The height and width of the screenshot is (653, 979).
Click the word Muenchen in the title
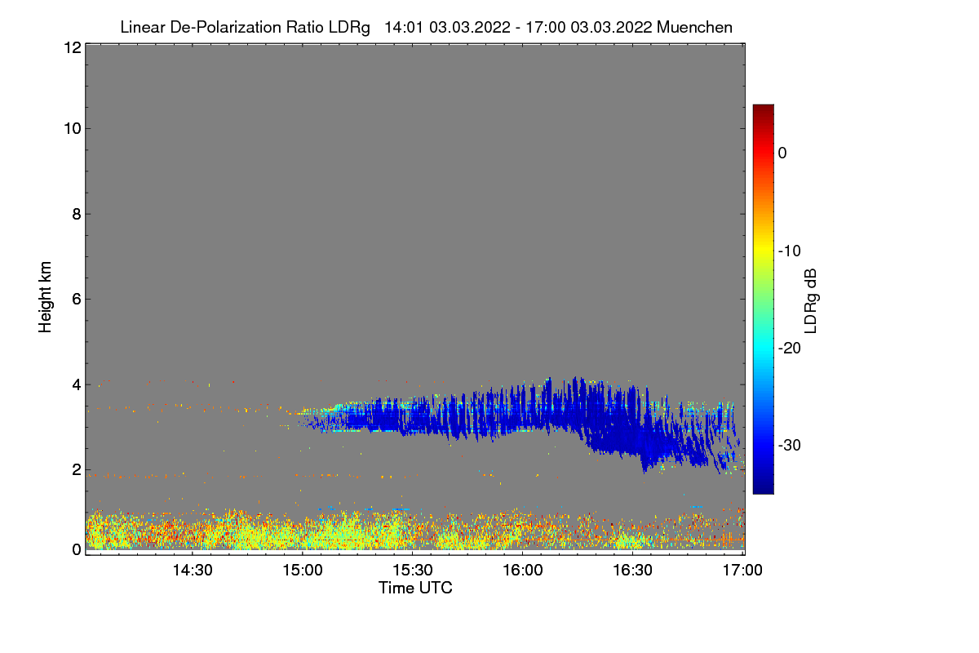(x=694, y=27)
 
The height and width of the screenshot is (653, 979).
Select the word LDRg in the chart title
(x=352, y=27)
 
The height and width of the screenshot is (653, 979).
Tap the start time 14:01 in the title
(x=403, y=27)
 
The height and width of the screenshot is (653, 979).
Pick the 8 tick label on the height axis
(x=74, y=214)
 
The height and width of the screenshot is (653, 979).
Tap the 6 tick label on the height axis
(x=74, y=299)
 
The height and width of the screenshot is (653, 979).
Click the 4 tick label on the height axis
(x=74, y=384)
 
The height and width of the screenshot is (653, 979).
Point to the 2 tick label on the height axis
(x=74, y=469)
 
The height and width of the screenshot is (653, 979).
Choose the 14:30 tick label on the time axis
(x=193, y=571)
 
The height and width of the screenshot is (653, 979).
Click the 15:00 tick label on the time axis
(x=303, y=571)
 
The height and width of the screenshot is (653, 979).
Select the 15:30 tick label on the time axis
(x=413, y=571)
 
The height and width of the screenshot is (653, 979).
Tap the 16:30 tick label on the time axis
(x=633, y=571)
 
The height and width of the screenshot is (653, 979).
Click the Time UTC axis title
(x=415, y=588)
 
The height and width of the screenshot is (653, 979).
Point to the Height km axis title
(x=46, y=297)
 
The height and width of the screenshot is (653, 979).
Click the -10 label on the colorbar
(x=789, y=251)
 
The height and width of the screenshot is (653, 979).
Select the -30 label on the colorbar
(x=789, y=446)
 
